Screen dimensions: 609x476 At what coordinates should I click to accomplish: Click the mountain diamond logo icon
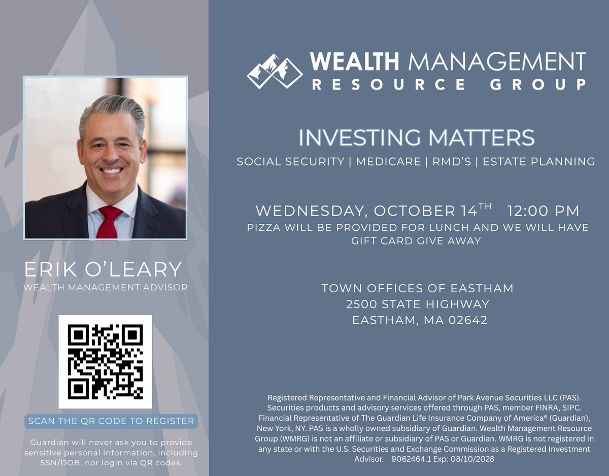[x=275, y=72]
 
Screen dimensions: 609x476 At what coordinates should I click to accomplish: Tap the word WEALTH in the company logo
[x=354, y=61]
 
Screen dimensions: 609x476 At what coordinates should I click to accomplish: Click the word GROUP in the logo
[x=538, y=84]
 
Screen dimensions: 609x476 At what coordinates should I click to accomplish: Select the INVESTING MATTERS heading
[x=417, y=138]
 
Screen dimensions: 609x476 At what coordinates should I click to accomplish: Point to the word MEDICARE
[x=388, y=162]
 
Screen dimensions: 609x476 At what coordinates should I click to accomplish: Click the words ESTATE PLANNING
[x=538, y=162]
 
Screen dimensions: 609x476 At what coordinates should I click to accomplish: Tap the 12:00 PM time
[x=543, y=211]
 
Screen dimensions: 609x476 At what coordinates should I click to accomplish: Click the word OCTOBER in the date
[x=414, y=211]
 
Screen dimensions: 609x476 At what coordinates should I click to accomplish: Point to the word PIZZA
[x=263, y=227]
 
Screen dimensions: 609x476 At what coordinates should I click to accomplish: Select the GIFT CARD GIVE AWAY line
[x=416, y=241]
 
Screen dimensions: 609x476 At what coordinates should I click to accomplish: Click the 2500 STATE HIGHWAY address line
[x=418, y=304]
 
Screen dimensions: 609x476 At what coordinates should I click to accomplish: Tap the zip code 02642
[x=468, y=320]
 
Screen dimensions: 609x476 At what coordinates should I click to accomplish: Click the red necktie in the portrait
[x=110, y=222]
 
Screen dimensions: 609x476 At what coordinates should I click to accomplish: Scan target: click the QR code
[x=106, y=362]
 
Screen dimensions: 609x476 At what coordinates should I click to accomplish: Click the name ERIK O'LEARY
[x=103, y=269]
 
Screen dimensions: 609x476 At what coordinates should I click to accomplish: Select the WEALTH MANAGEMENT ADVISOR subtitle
[x=106, y=287]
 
